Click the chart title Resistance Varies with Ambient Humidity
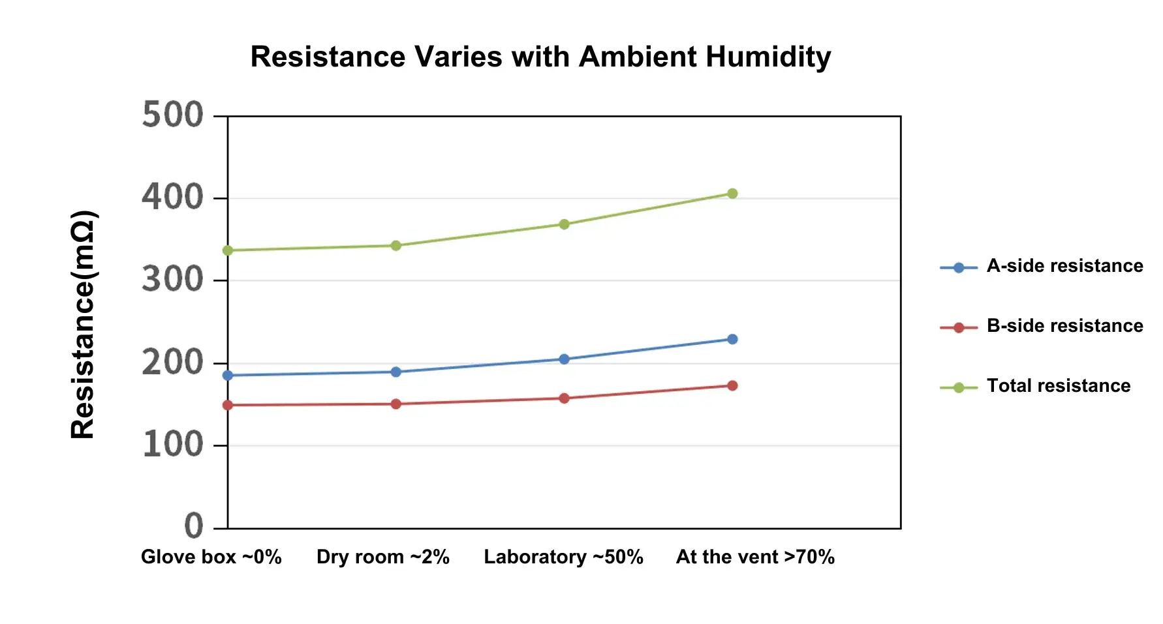[x=540, y=57]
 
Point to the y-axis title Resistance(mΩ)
[x=84, y=324]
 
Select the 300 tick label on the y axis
[x=172, y=280]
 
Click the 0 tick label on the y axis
[x=194, y=526]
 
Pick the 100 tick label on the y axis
[x=172, y=445]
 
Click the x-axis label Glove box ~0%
[x=211, y=557]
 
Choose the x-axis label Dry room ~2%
[x=382, y=557]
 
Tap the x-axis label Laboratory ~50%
[x=563, y=557]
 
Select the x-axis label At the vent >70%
[x=755, y=557]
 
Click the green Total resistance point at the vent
[x=732, y=194]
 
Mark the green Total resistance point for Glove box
[x=228, y=250]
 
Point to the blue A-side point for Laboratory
[x=564, y=359]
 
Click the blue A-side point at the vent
[x=732, y=339]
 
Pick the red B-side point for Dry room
[x=395, y=404]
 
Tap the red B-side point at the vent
[x=732, y=386]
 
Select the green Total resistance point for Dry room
[x=395, y=246]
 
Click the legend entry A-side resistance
[x=1064, y=266]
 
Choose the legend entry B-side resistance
[x=1064, y=326]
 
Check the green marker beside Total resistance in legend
[x=959, y=388]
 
